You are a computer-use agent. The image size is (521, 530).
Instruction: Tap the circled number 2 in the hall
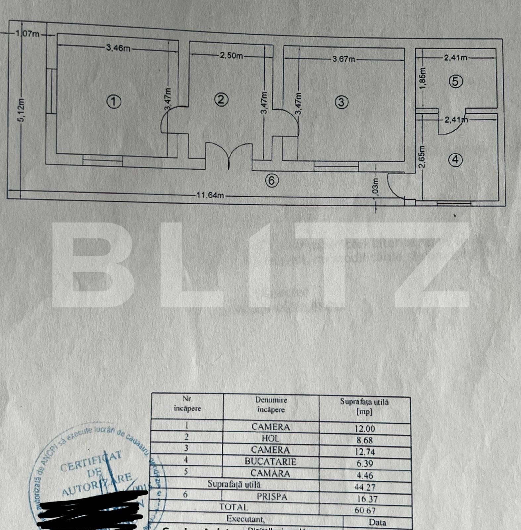coord(221,99)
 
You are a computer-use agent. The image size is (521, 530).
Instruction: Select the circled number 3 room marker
coord(341,102)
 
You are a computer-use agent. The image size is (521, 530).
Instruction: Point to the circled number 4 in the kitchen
coord(455,160)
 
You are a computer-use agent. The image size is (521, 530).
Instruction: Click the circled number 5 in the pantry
coord(455,81)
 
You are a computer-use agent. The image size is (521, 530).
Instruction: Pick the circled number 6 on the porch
coord(272,181)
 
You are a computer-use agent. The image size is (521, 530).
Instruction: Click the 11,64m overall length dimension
coord(210,195)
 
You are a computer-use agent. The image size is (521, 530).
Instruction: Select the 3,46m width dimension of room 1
coord(118,48)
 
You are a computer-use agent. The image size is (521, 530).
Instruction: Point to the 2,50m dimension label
coord(231,56)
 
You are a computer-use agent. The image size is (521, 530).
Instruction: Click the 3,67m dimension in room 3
coord(343,59)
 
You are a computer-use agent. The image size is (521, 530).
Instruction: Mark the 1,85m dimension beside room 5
coord(422,78)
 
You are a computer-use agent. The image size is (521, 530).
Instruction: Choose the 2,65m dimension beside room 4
coord(422,157)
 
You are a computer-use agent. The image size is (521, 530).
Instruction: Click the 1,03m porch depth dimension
coord(376,188)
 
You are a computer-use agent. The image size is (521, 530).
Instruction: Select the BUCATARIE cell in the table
coord(270,461)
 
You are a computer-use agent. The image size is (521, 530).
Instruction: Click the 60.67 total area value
coord(365,510)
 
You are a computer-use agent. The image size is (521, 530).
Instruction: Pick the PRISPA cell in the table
coord(272,497)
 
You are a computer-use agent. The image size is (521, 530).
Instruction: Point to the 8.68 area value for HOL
coord(365,440)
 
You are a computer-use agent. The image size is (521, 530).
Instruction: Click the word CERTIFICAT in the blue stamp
coord(91,461)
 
